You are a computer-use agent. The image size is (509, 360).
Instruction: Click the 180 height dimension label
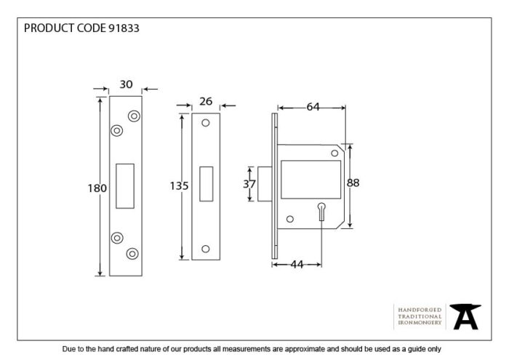[97, 188]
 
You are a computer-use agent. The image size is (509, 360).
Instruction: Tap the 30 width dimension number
[126, 84]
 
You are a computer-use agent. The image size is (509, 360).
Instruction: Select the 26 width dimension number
[206, 102]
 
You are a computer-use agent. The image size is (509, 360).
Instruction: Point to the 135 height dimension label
[179, 186]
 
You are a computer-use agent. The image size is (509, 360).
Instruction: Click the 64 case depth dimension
[313, 107]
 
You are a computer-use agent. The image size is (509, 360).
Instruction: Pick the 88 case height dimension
[353, 183]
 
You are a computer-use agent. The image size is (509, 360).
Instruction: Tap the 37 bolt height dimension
[249, 184]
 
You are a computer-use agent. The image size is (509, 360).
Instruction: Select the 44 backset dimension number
[297, 265]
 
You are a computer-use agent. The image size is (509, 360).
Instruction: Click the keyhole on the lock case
[321, 212]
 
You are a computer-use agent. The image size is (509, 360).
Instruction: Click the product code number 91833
[124, 28]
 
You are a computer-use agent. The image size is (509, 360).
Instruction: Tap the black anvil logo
[465, 316]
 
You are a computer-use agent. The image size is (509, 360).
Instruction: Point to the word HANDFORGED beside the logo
[420, 310]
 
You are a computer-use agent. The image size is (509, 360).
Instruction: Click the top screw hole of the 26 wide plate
[206, 123]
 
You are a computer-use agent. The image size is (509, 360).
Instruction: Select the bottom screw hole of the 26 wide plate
[206, 249]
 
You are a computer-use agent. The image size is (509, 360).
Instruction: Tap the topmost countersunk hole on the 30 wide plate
[134, 116]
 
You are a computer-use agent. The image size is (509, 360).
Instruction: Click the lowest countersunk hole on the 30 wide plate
[132, 254]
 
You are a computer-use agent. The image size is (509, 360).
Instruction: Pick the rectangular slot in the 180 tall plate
[125, 186]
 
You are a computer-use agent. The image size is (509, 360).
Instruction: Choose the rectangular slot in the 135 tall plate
[206, 184]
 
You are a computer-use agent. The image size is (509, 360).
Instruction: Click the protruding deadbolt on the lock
[265, 184]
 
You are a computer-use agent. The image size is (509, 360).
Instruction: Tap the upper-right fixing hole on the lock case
[334, 153]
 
